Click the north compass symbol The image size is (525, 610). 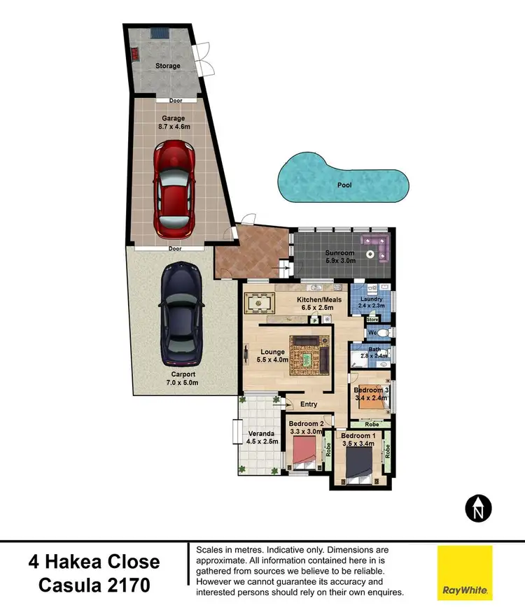coord(479,507)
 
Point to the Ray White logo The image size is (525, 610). coord(465,573)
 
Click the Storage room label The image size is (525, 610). coord(167,66)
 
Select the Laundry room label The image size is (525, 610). coord(371,299)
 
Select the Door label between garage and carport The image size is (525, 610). coord(175,248)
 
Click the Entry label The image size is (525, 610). coord(308,404)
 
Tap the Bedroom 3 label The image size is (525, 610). coord(372,390)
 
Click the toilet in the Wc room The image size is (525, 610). coord(384,333)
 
